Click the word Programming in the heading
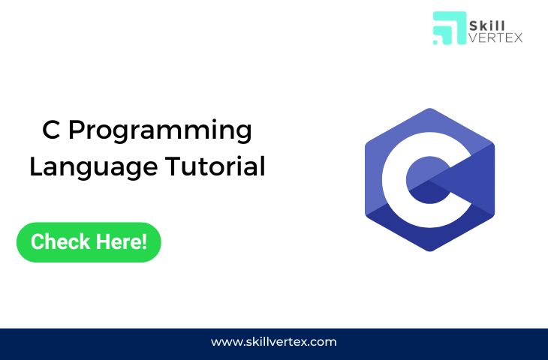click(x=160, y=131)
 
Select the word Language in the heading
click(x=83, y=166)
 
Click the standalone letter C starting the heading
click(x=51, y=130)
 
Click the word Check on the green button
click(x=62, y=242)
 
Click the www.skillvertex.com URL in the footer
click(x=273, y=342)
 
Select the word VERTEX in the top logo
click(x=495, y=37)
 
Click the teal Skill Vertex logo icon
click(x=449, y=28)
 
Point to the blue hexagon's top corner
click(x=429, y=109)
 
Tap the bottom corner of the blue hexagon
click(x=429, y=250)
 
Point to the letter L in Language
click(x=35, y=166)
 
